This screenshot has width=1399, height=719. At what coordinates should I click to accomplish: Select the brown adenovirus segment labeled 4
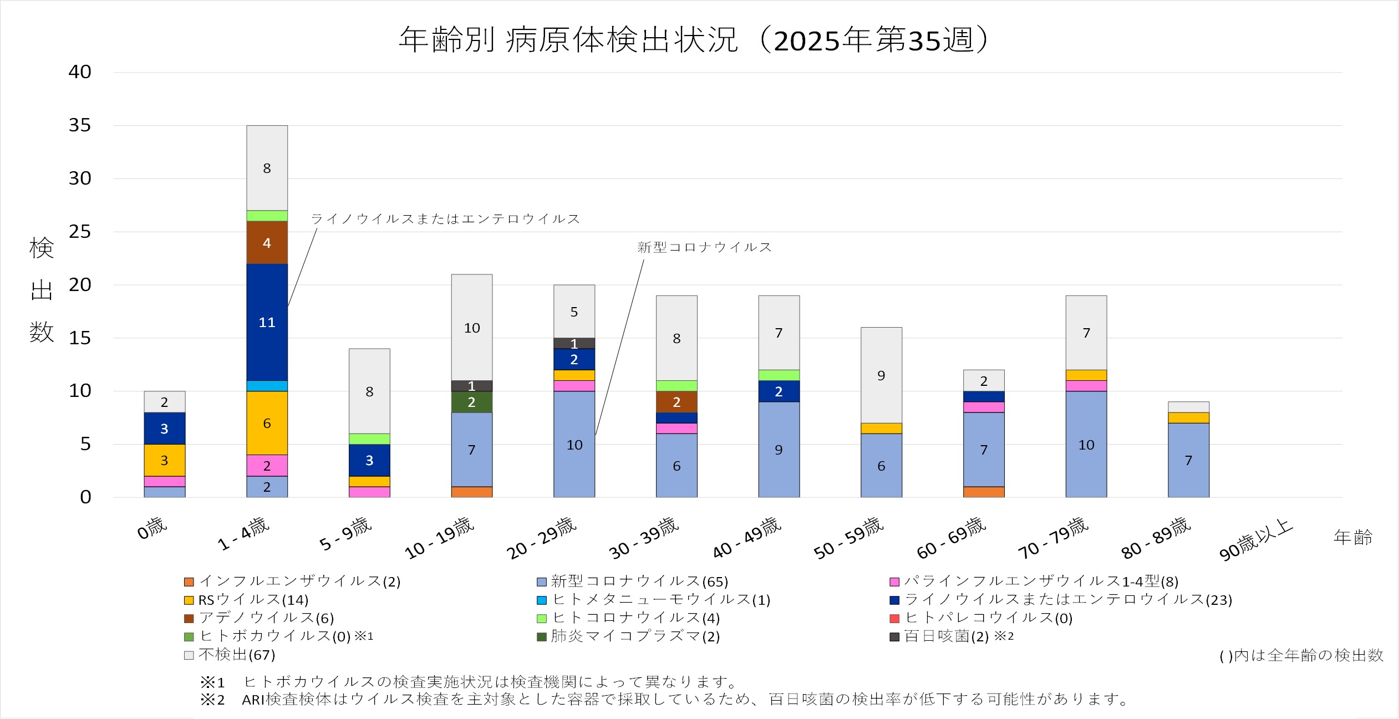tap(267, 243)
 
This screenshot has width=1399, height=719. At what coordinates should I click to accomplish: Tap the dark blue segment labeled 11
tap(267, 322)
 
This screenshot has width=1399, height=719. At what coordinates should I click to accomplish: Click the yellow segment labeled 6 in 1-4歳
tap(267, 423)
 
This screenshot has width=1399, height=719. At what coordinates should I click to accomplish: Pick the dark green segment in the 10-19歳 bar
tap(471, 402)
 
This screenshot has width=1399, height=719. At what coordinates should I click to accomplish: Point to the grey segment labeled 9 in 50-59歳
tap(881, 375)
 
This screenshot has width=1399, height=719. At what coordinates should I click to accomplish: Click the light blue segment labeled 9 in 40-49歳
tap(779, 450)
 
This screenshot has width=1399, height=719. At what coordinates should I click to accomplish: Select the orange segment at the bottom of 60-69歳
tap(984, 492)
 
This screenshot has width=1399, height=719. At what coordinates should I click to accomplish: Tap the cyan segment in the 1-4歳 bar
tap(267, 386)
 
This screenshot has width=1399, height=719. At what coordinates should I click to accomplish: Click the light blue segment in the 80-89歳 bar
tap(1188, 460)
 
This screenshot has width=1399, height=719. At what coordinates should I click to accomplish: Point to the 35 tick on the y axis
tap(80, 125)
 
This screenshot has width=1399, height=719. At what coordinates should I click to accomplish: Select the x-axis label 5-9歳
tap(345, 534)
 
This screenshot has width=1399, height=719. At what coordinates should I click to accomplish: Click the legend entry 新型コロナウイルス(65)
tap(632, 582)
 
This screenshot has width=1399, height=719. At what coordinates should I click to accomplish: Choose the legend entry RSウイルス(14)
tap(246, 600)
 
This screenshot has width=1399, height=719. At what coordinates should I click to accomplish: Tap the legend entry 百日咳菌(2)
tap(951, 636)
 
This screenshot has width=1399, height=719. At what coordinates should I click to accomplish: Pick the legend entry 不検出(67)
tap(230, 655)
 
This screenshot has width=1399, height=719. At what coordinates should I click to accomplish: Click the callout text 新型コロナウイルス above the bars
tap(704, 247)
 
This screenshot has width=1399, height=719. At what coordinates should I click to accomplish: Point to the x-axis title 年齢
tap(1352, 537)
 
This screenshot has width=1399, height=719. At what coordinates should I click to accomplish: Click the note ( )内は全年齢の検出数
tap(1301, 656)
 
